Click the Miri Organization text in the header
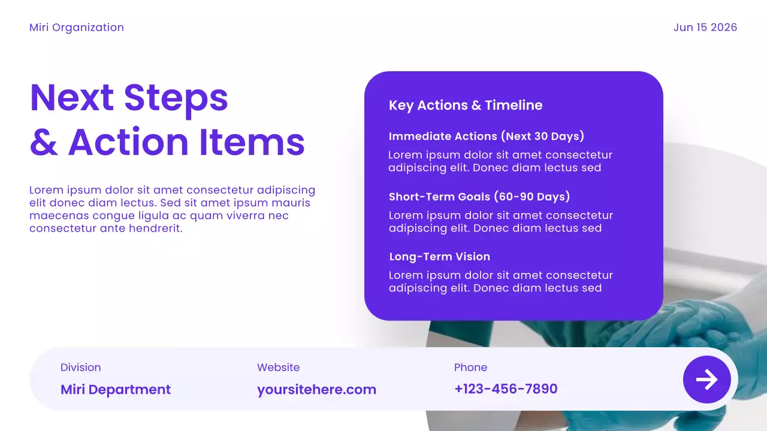coord(77,28)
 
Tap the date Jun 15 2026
coord(705,28)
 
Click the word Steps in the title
coord(176,98)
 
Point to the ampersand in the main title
coord(43,142)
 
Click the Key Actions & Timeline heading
coord(466,105)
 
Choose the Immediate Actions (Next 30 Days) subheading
coord(486,136)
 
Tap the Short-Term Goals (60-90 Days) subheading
coord(479,197)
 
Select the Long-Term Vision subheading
coord(440,257)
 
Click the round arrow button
coord(707,380)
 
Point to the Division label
coord(80,368)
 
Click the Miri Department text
coord(116,390)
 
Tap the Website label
coord(278,368)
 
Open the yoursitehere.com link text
coord(316,390)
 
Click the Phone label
coord(470,368)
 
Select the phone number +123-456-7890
coord(506,389)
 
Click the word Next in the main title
coord(71,98)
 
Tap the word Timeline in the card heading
coord(514,105)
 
